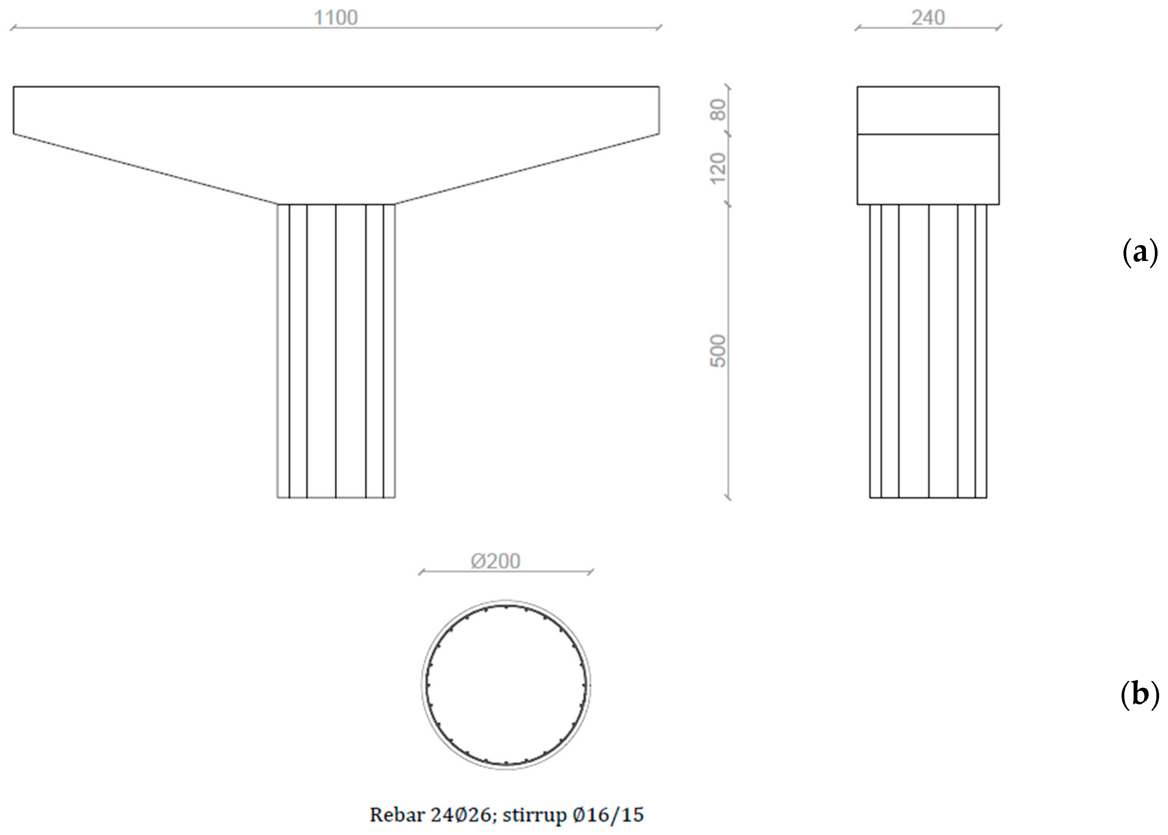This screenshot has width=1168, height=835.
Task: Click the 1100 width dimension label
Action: coord(335,18)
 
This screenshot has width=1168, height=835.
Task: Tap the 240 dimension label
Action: coord(928,18)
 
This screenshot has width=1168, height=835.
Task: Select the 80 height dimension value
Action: coord(718,109)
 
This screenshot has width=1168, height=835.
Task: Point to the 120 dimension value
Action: coord(718,168)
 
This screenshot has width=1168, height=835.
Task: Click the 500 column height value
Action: coord(718,351)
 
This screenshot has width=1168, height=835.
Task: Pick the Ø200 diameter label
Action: coord(496,561)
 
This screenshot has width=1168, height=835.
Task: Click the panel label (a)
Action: coord(1140,252)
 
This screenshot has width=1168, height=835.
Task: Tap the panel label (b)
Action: coord(1140,695)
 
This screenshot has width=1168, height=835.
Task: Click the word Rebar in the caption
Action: coord(397,815)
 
